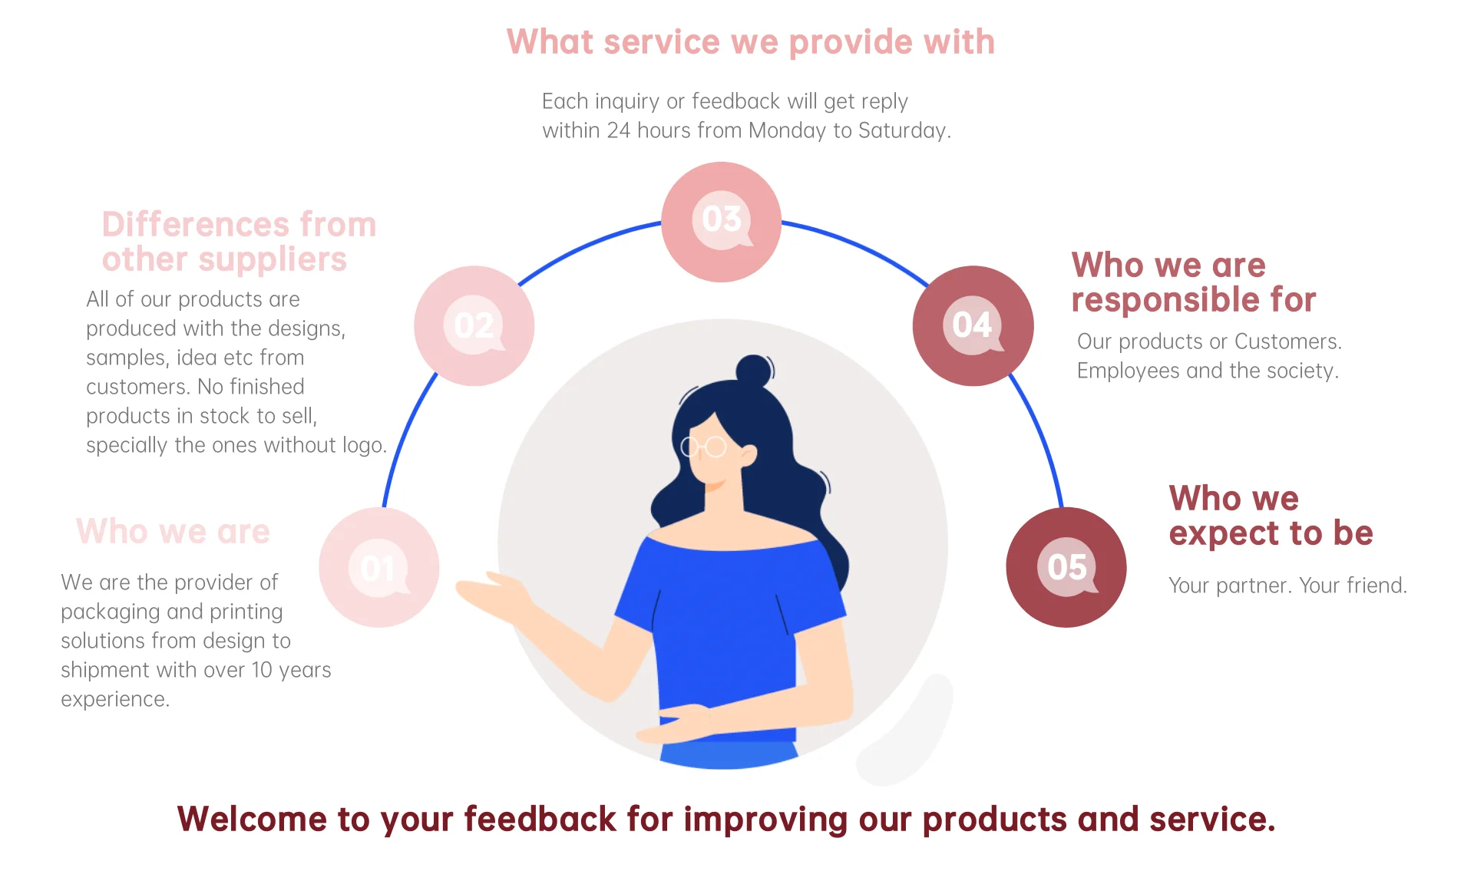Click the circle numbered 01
[x=378, y=567]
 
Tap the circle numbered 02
[x=474, y=325]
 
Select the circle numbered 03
[x=721, y=221]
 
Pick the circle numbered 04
[x=973, y=325]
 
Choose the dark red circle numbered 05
[x=1066, y=567]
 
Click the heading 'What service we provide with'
[x=750, y=42]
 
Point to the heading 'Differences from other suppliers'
[x=239, y=242]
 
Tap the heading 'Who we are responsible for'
[x=1193, y=282]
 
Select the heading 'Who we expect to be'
[x=1271, y=516]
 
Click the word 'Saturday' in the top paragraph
[x=902, y=131]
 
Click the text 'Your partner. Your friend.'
[x=1287, y=586]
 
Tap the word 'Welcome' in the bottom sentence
[x=253, y=820]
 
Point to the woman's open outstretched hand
[x=491, y=592]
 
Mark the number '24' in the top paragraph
[x=618, y=131]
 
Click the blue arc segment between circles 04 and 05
[x=1040, y=437]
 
